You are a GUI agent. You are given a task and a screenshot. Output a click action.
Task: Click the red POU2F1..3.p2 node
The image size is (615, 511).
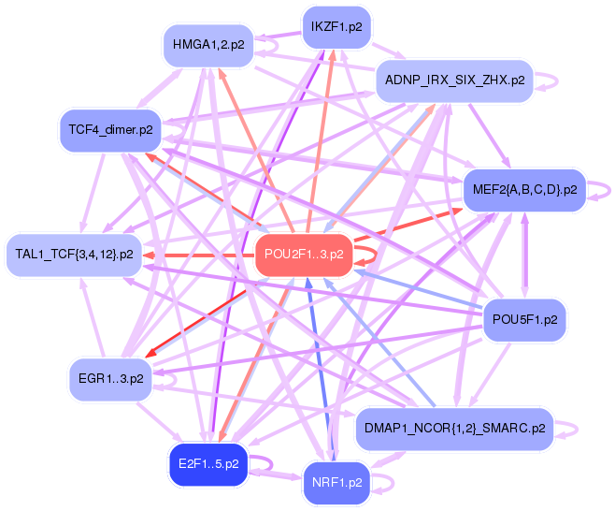[304, 255]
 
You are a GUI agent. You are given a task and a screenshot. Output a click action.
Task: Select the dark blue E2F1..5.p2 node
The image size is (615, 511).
[208, 464]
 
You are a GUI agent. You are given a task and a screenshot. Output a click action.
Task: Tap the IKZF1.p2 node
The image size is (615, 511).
[336, 27]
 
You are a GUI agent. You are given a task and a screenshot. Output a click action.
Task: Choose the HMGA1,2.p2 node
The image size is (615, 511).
[208, 45]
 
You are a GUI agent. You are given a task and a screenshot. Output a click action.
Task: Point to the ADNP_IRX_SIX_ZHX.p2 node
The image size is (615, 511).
[454, 80]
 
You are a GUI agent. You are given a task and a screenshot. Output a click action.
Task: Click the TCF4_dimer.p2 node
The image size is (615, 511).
[110, 130]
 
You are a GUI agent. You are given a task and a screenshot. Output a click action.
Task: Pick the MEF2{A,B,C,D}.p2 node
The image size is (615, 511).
[524, 190]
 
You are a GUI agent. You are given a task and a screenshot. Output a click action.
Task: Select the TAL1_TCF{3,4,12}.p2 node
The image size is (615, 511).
[74, 255]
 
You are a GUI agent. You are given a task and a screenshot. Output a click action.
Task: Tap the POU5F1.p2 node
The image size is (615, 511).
[524, 320]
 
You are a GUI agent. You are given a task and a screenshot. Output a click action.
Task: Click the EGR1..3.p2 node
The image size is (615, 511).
[110, 379]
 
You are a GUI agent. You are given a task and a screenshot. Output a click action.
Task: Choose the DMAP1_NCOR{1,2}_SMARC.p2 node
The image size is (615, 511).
[454, 429]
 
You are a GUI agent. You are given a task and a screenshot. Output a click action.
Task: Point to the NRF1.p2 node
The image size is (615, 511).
[336, 483]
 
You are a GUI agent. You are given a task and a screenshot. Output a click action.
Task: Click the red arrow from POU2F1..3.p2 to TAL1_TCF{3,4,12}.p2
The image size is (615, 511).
[199, 255]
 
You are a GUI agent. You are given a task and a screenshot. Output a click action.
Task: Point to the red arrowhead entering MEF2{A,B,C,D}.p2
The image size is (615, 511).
[456, 212]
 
